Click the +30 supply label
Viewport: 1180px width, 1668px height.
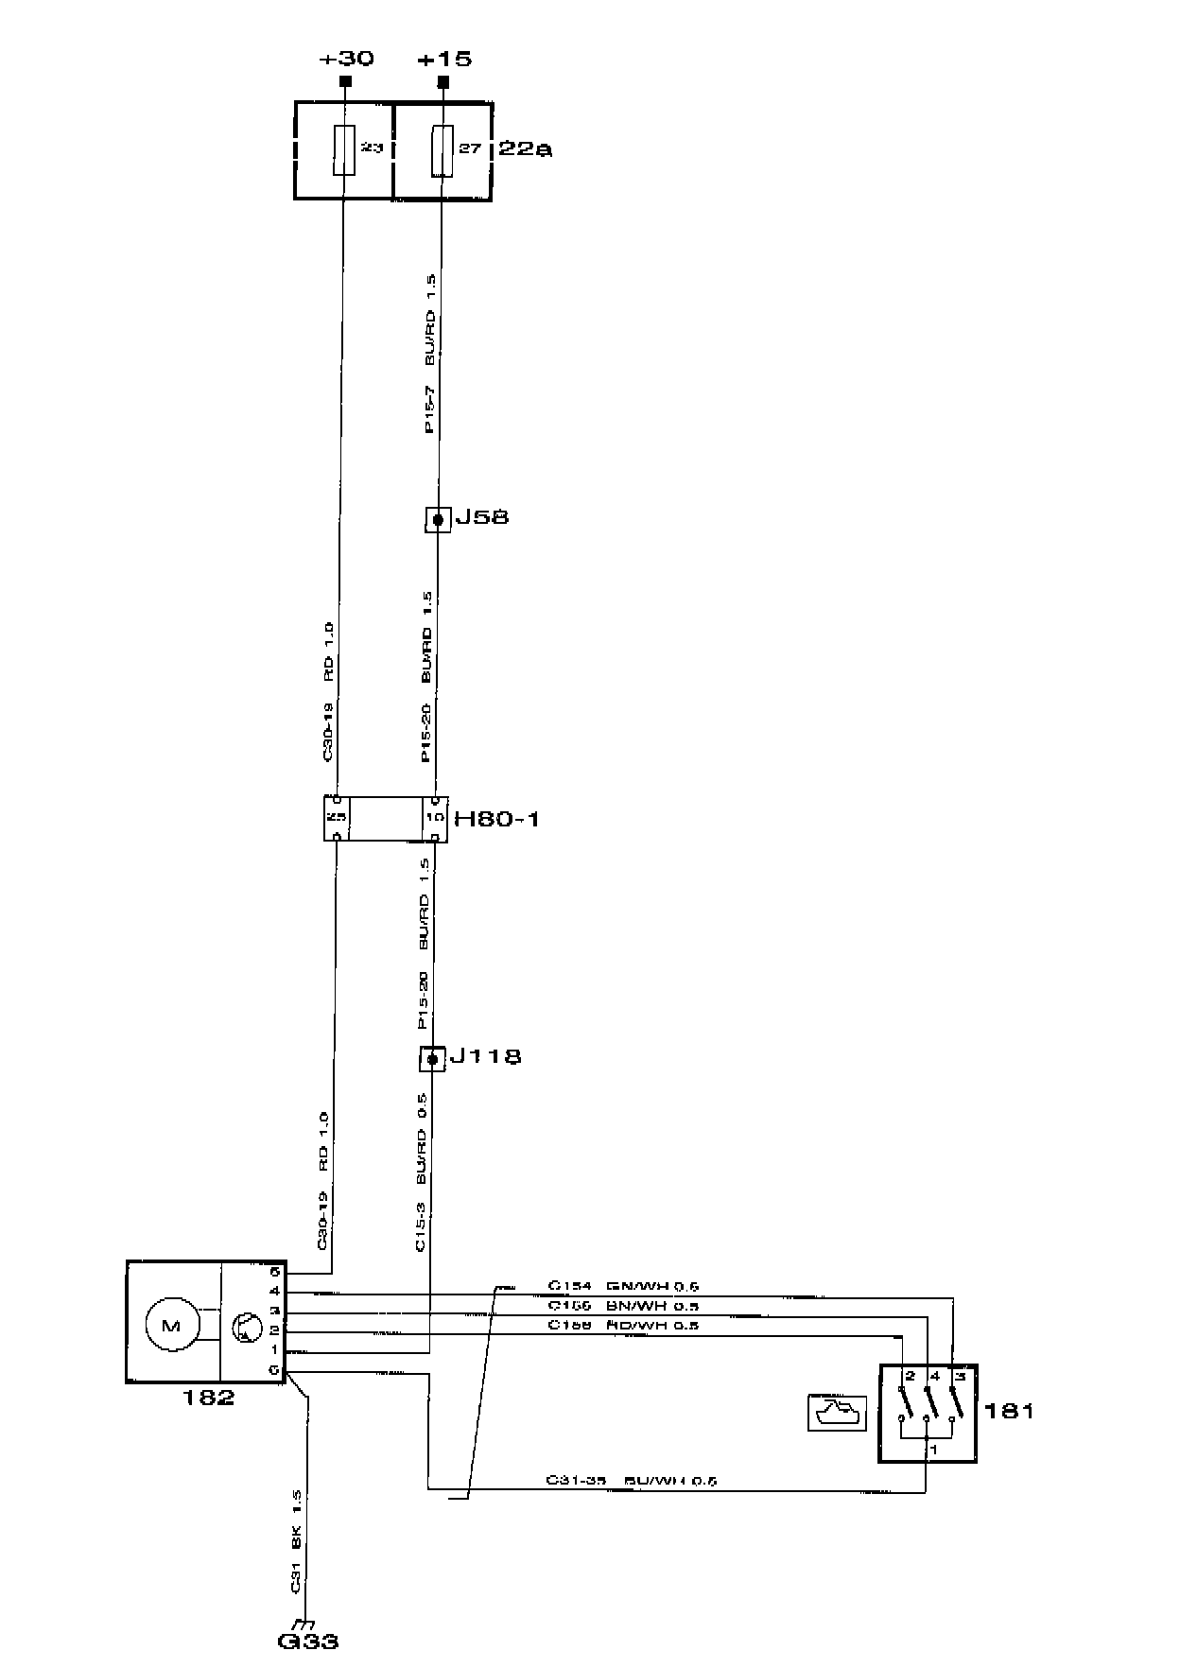[346, 59]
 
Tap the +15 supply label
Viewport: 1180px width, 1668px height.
[444, 59]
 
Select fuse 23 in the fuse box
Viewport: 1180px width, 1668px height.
[344, 149]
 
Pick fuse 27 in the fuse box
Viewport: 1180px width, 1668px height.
[442, 149]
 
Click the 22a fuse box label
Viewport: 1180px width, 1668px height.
[524, 148]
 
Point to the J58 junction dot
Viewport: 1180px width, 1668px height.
[438, 519]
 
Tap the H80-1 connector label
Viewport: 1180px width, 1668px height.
[496, 818]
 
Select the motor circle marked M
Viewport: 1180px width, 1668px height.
[171, 1326]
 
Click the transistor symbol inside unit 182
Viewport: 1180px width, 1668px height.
[246, 1328]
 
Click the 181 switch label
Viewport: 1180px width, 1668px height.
[1009, 1411]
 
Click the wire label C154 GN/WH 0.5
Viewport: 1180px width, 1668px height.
[623, 1287]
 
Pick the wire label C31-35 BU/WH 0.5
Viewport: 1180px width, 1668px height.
[631, 1481]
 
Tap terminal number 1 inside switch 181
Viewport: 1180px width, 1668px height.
[933, 1449]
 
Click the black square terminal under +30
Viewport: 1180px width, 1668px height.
[345, 82]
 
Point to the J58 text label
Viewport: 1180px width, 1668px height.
[482, 517]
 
